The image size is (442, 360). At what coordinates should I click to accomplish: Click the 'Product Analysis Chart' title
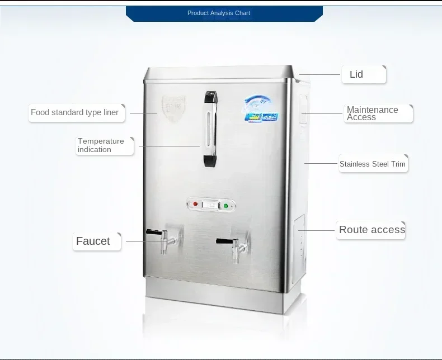219,13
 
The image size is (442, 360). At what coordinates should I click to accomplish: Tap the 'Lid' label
356,74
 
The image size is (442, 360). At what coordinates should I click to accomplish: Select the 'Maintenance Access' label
373,113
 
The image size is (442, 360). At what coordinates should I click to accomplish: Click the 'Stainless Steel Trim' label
372,164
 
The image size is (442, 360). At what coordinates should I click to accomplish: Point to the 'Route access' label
372,230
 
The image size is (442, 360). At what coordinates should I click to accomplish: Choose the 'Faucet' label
93,241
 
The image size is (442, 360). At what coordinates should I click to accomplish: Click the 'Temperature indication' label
101,145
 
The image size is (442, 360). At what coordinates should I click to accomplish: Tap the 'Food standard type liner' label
75,112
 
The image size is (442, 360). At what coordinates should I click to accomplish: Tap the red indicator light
195,205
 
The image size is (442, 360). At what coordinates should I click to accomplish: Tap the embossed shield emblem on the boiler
172,106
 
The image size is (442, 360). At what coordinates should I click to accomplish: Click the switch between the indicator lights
211,205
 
